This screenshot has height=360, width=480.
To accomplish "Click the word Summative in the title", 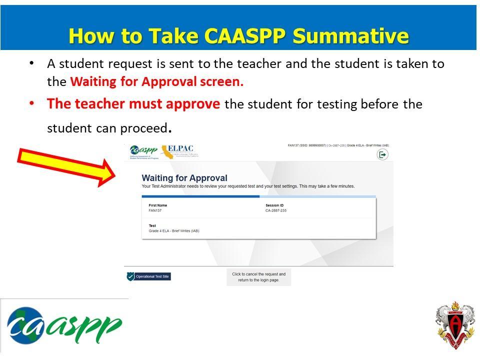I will [350, 36].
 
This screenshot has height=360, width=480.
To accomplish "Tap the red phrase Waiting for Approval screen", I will [156, 81].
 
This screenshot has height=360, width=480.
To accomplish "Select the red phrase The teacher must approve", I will [133, 104].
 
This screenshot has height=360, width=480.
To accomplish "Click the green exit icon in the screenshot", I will [382, 155].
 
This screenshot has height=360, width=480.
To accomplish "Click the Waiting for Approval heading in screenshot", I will [184, 178].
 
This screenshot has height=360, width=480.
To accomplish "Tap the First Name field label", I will [158, 205].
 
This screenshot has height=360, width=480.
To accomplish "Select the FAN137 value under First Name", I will [155, 210].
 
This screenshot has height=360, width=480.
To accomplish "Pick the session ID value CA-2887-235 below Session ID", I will [276, 210].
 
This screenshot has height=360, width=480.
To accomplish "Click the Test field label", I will [152, 226].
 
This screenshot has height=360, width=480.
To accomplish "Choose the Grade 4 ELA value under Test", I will [174, 231].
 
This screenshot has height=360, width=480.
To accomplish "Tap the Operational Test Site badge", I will [148, 276].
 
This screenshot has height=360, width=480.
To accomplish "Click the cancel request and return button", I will [258, 277].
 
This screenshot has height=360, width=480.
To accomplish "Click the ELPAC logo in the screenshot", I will [177, 150].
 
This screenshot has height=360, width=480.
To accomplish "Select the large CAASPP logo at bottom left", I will [64, 325].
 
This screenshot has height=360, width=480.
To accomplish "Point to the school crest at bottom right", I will [454, 325].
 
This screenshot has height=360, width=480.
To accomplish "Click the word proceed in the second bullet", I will [143, 128].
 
